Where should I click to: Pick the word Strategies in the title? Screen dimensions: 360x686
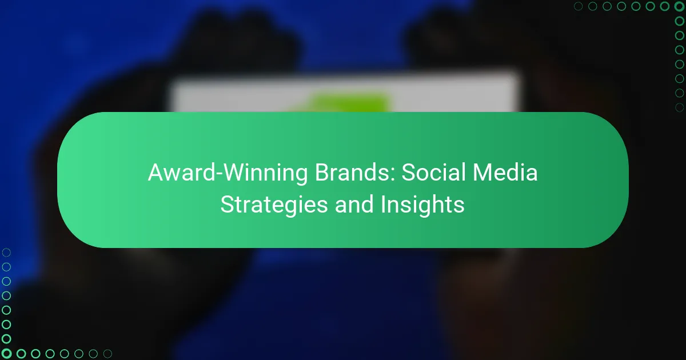point(274,204)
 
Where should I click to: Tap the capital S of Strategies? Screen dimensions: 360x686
point(227,204)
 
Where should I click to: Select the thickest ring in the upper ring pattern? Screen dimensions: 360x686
point(679,7)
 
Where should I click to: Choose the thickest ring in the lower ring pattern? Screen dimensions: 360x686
point(7,353)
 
